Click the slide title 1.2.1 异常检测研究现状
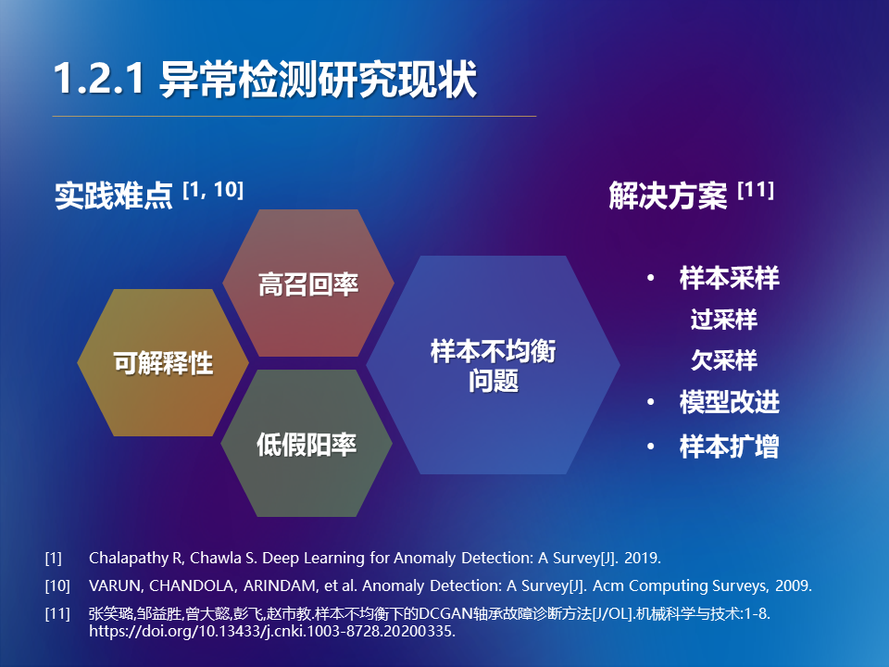(x=266, y=79)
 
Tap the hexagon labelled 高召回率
(x=308, y=283)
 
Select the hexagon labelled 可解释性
(x=163, y=362)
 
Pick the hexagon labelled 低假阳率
(x=307, y=443)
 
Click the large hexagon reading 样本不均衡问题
(x=494, y=365)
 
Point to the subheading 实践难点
(x=113, y=195)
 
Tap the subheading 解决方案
(x=668, y=195)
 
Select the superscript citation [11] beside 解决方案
(x=756, y=189)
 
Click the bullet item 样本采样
(x=729, y=278)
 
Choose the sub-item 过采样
(x=724, y=320)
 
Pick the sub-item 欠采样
(x=724, y=360)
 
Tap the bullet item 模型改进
(x=729, y=401)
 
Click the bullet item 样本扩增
(x=729, y=447)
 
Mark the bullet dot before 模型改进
(x=651, y=401)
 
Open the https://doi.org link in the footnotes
(x=272, y=631)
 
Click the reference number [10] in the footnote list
(x=57, y=585)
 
